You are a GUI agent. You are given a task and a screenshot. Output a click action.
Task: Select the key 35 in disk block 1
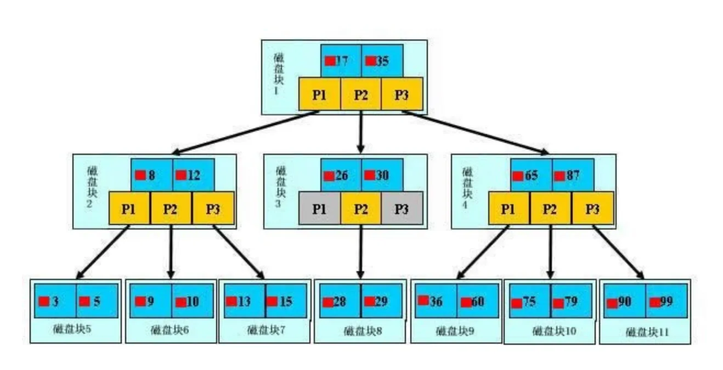coord(382,61)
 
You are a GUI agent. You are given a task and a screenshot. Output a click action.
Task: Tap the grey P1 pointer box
coord(319,209)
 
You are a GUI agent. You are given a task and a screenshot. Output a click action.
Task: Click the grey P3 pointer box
coord(402,209)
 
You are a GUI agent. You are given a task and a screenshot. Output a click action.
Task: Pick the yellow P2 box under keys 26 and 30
coord(360,209)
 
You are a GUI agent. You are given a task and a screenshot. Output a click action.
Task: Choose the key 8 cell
coord(151,176)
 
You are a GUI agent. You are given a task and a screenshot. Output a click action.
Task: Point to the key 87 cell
coord(572,176)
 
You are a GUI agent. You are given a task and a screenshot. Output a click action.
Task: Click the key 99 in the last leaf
coord(666,301)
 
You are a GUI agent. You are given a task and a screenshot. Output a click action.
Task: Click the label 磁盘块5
coord(75,330)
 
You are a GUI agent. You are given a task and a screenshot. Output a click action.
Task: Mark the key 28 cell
coord(338,301)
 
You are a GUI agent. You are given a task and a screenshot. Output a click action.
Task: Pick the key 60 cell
coord(477,301)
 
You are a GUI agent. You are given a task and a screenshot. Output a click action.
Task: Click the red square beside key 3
coord(44,301)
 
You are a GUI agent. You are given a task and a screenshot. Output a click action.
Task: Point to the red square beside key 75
coord(516,303)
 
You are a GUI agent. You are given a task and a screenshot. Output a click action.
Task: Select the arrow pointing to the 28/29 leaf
coord(360,253)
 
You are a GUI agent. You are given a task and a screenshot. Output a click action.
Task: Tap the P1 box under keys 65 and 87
coord(509,209)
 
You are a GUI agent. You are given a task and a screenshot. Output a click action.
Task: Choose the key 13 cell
coord(245,301)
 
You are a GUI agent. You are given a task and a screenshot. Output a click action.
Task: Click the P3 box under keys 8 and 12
coord(213,209)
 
